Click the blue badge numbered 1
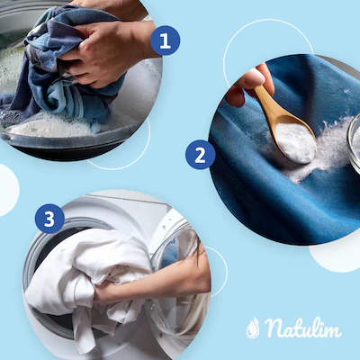coord(165,40)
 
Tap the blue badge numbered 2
coord(200,155)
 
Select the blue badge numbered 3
coord(49,219)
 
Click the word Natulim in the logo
coord(302,328)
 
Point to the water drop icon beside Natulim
coord(253,328)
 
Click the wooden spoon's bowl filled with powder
coord(295,141)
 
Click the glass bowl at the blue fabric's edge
coord(354,142)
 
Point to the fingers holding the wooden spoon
coord(250,83)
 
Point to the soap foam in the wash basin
coord(48,124)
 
